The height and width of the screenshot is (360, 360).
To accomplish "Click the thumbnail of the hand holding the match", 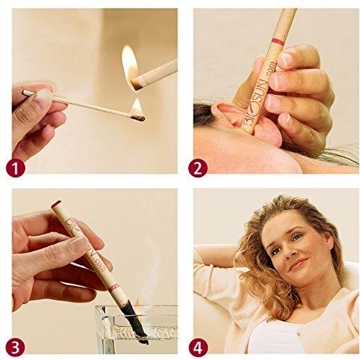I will pos(44,94).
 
